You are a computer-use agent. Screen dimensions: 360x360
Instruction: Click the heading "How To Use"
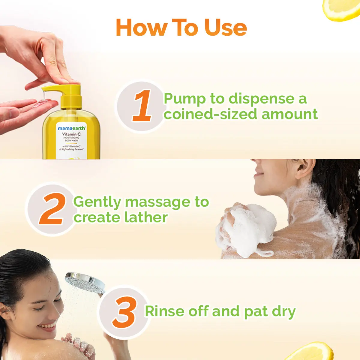pyautogui.click(x=181, y=27)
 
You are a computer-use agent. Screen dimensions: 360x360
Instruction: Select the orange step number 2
pyautogui.click(x=52, y=209)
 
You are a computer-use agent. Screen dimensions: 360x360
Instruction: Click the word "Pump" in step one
pyautogui.click(x=185, y=99)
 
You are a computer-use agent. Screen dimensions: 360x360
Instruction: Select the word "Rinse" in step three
pyautogui.click(x=165, y=311)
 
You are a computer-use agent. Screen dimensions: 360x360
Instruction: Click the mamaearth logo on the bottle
pyautogui.click(x=71, y=128)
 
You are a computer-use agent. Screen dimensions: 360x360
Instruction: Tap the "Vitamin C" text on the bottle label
pyautogui.click(x=71, y=134)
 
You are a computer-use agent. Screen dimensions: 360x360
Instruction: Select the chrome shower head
pyautogui.click(x=84, y=282)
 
